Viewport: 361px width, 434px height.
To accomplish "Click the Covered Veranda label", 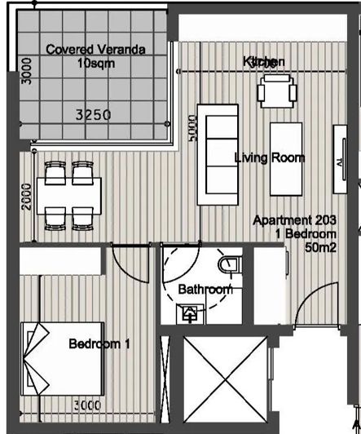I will coord(95,50).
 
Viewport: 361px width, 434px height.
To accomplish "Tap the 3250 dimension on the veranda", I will coord(92,116).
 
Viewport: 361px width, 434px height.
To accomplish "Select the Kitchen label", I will coord(264,62).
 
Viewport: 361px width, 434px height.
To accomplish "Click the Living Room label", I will coord(269,157).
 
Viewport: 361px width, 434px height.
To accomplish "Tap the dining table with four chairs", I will coord(68,193).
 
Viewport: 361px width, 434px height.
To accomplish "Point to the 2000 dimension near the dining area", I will coord(26,196).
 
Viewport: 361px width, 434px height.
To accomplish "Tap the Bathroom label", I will coord(205,289).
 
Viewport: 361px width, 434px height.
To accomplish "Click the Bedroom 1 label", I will coord(99,343).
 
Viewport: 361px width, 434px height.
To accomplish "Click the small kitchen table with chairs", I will coord(273,91).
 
